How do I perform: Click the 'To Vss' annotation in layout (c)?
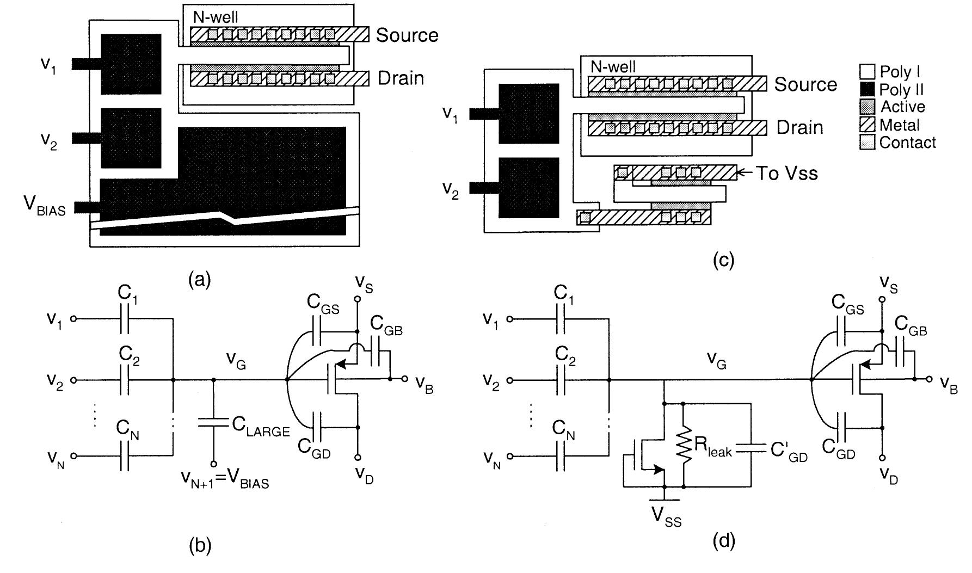[786, 174]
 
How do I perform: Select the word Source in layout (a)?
[407, 35]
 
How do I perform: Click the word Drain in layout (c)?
[799, 127]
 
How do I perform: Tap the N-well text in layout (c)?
[612, 67]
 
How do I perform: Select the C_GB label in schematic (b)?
[386, 326]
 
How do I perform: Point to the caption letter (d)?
[724, 540]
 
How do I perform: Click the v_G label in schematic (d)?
[716, 360]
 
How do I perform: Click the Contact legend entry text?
[907, 143]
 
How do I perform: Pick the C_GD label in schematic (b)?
[314, 447]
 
